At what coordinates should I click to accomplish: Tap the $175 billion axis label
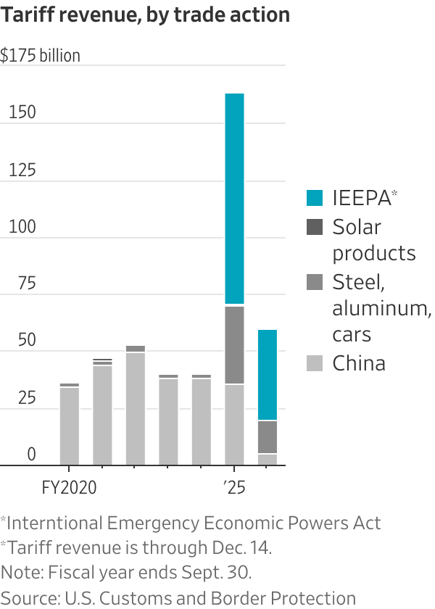41,56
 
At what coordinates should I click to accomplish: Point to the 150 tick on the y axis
22,114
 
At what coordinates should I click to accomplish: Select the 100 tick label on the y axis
22,227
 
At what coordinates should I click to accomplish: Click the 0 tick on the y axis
31,455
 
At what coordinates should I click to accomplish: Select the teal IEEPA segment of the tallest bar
234,199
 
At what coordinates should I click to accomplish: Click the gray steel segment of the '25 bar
234,345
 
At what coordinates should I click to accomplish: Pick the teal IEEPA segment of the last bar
268,375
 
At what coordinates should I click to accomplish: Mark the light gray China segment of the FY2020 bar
70,426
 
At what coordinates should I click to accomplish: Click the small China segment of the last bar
268,459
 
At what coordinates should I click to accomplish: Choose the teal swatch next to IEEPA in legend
315,198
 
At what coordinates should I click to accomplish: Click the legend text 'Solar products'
373,240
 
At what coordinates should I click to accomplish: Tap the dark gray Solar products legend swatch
315,227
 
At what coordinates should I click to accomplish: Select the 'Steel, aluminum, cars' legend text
381,307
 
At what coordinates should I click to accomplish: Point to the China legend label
359,363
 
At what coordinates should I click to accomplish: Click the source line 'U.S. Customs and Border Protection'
210,598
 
